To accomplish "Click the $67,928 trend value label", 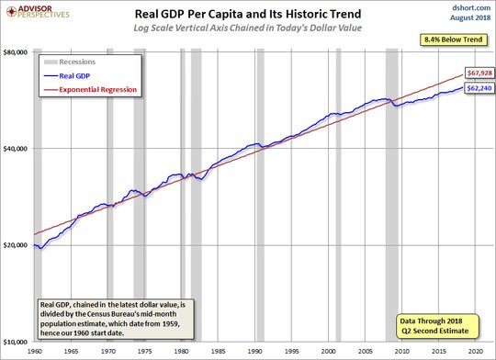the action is coord(479,73).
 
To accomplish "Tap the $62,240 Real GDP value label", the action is coord(479,88).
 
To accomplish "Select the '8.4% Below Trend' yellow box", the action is coord(454,39).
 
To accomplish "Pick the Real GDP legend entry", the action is coord(67,76).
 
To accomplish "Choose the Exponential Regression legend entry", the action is coord(90,89).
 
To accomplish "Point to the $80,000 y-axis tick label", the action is coord(16,52).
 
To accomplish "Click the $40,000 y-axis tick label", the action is coord(16,149).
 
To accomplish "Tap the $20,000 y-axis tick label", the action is coord(16,245).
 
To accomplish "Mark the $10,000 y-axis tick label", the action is coord(16,342).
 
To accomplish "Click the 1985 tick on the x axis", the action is coord(218,352).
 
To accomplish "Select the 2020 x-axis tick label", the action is coord(476,352).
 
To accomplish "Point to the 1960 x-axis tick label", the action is coord(35,352).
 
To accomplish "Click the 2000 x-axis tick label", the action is coord(328,352).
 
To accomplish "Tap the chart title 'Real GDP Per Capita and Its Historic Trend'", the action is coord(248,14).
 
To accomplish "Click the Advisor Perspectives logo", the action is coord(38,12).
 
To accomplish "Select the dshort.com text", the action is coord(471,7).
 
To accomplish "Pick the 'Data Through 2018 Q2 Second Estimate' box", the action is coord(438,326).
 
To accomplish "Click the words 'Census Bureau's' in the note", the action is coord(122,314).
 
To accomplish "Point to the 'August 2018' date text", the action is coord(470,17).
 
